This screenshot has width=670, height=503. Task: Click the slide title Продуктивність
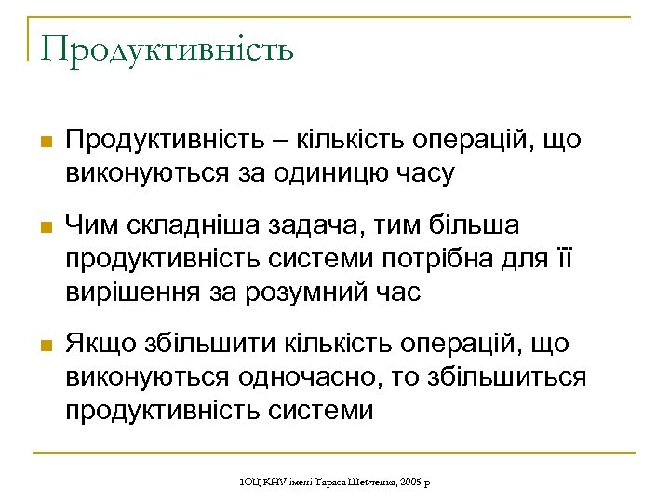coord(167,48)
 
